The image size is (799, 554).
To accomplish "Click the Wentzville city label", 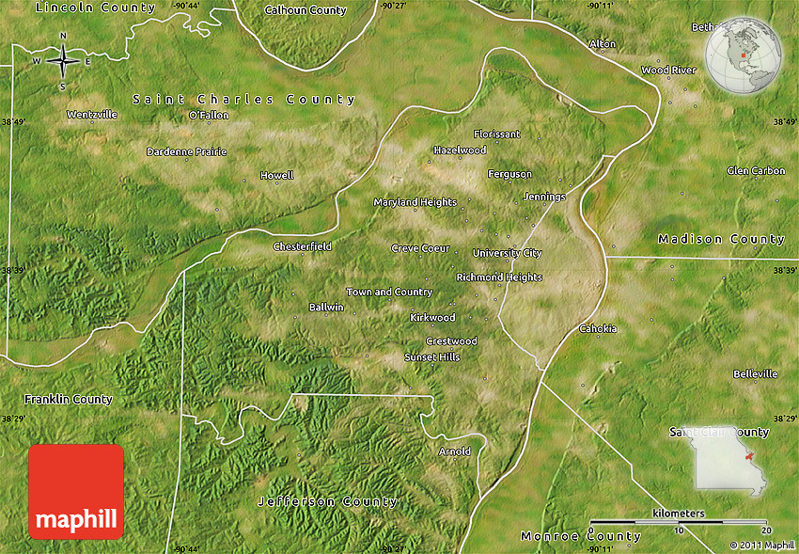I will click(92, 115).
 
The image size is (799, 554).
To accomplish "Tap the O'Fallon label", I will click(209, 116).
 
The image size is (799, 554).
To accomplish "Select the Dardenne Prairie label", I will click(186, 151).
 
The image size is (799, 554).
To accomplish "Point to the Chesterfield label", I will click(302, 246).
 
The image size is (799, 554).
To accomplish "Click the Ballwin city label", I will click(326, 308).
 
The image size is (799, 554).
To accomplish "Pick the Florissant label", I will click(496, 135).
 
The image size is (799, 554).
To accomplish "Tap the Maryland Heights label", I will click(415, 202).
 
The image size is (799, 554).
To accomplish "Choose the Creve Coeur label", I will click(420, 248).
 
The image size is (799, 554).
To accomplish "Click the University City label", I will click(507, 253).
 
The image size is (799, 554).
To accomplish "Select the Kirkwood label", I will click(432, 318).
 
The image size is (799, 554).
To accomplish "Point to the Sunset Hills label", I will click(431, 357).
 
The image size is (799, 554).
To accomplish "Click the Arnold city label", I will click(455, 451).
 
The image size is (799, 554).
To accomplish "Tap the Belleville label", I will click(755, 373).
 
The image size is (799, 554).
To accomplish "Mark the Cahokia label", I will click(598, 328).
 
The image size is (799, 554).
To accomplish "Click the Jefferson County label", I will click(327, 501).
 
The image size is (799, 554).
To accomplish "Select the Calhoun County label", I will click(305, 11).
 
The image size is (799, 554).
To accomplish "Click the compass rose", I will click(63, 62).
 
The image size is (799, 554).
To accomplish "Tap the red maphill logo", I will click(76, 492).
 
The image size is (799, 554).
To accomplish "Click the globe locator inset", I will click(744, 56).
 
